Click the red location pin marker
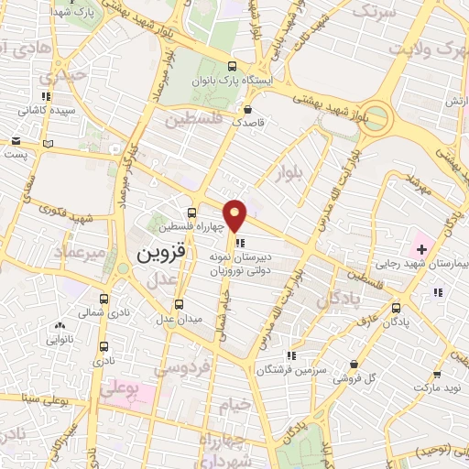(235, 214)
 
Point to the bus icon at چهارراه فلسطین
(191, 213)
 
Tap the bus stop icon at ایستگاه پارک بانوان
(232, 66)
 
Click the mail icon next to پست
(16, 141)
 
